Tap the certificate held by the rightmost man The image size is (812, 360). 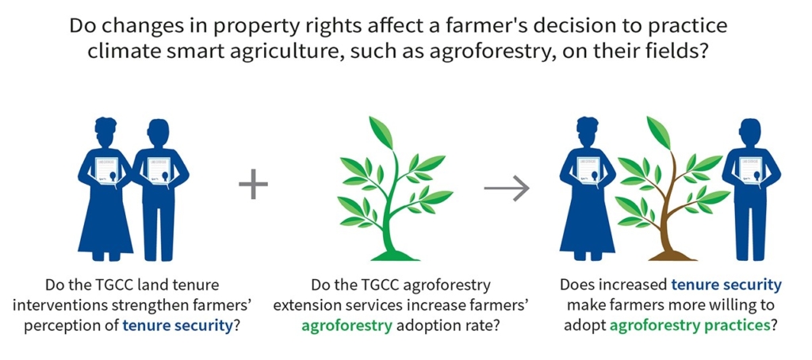751,170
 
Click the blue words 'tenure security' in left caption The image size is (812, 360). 175,327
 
